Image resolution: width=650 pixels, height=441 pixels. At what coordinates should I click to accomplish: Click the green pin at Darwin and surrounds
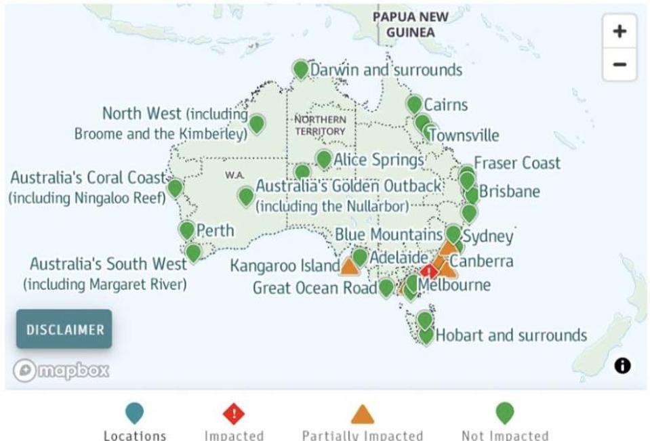click(300, 69)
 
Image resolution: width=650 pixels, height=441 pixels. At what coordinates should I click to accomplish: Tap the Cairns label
click(445, 105)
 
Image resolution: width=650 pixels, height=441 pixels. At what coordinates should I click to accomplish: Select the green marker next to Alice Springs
click(323, 159)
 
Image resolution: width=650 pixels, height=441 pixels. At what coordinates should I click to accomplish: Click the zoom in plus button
click(619, 31)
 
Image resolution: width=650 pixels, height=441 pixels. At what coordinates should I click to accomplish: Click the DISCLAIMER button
click(64, 330)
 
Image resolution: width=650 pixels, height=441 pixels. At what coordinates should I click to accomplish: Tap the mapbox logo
click(61, 370)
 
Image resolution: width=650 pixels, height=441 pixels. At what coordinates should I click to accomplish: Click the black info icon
click(622, 366)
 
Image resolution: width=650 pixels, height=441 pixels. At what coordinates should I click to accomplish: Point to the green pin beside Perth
click(187, 230)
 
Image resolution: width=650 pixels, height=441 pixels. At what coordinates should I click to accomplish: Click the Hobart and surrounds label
click(511, 335)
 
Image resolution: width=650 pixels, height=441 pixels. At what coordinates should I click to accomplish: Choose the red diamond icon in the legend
click(234, 413)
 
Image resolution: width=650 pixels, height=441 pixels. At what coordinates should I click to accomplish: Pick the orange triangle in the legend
click(363, 414)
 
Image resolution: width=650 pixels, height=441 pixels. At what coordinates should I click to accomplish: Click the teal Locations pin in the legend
click(134, 413)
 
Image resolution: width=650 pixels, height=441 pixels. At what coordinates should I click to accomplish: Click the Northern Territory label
click(320, 125)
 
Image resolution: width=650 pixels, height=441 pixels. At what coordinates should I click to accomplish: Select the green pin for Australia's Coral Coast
click(175, 188)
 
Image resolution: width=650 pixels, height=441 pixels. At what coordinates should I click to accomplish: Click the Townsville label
click(465, 135)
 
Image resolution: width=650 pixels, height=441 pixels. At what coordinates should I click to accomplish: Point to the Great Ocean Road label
click(314, 288)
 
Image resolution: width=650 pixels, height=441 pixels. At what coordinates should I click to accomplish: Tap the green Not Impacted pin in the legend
click(505, 413)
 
